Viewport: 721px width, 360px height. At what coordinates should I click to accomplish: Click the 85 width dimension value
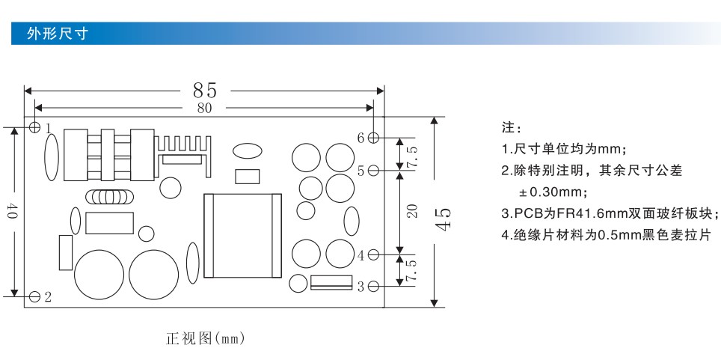tap(205, 91)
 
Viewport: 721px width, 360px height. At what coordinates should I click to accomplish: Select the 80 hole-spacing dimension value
tap(205, 109)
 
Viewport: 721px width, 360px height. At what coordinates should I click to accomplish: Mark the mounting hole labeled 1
tap(34, 127)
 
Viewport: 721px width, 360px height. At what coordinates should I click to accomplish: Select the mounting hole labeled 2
tap(34, 297)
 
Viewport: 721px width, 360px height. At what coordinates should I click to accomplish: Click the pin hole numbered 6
tap(374, 137)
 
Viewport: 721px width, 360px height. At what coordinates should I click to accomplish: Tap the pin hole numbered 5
tap(374, 171)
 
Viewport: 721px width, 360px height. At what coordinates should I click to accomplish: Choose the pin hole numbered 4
tap(374, 254)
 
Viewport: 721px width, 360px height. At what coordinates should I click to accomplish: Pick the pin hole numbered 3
tap(374, 287)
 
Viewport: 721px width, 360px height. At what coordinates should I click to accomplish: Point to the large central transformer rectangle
tap(242, 236)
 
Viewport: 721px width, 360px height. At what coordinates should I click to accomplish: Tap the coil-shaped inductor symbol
tap(109, 197)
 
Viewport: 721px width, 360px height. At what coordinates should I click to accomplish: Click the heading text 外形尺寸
tap(57, 34)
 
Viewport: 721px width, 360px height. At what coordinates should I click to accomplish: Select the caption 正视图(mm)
tap(205, 339)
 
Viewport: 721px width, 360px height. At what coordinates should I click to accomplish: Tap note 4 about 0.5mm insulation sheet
tap(607, 235)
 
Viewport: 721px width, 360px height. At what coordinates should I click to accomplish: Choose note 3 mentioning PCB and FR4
tap(610, 213)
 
